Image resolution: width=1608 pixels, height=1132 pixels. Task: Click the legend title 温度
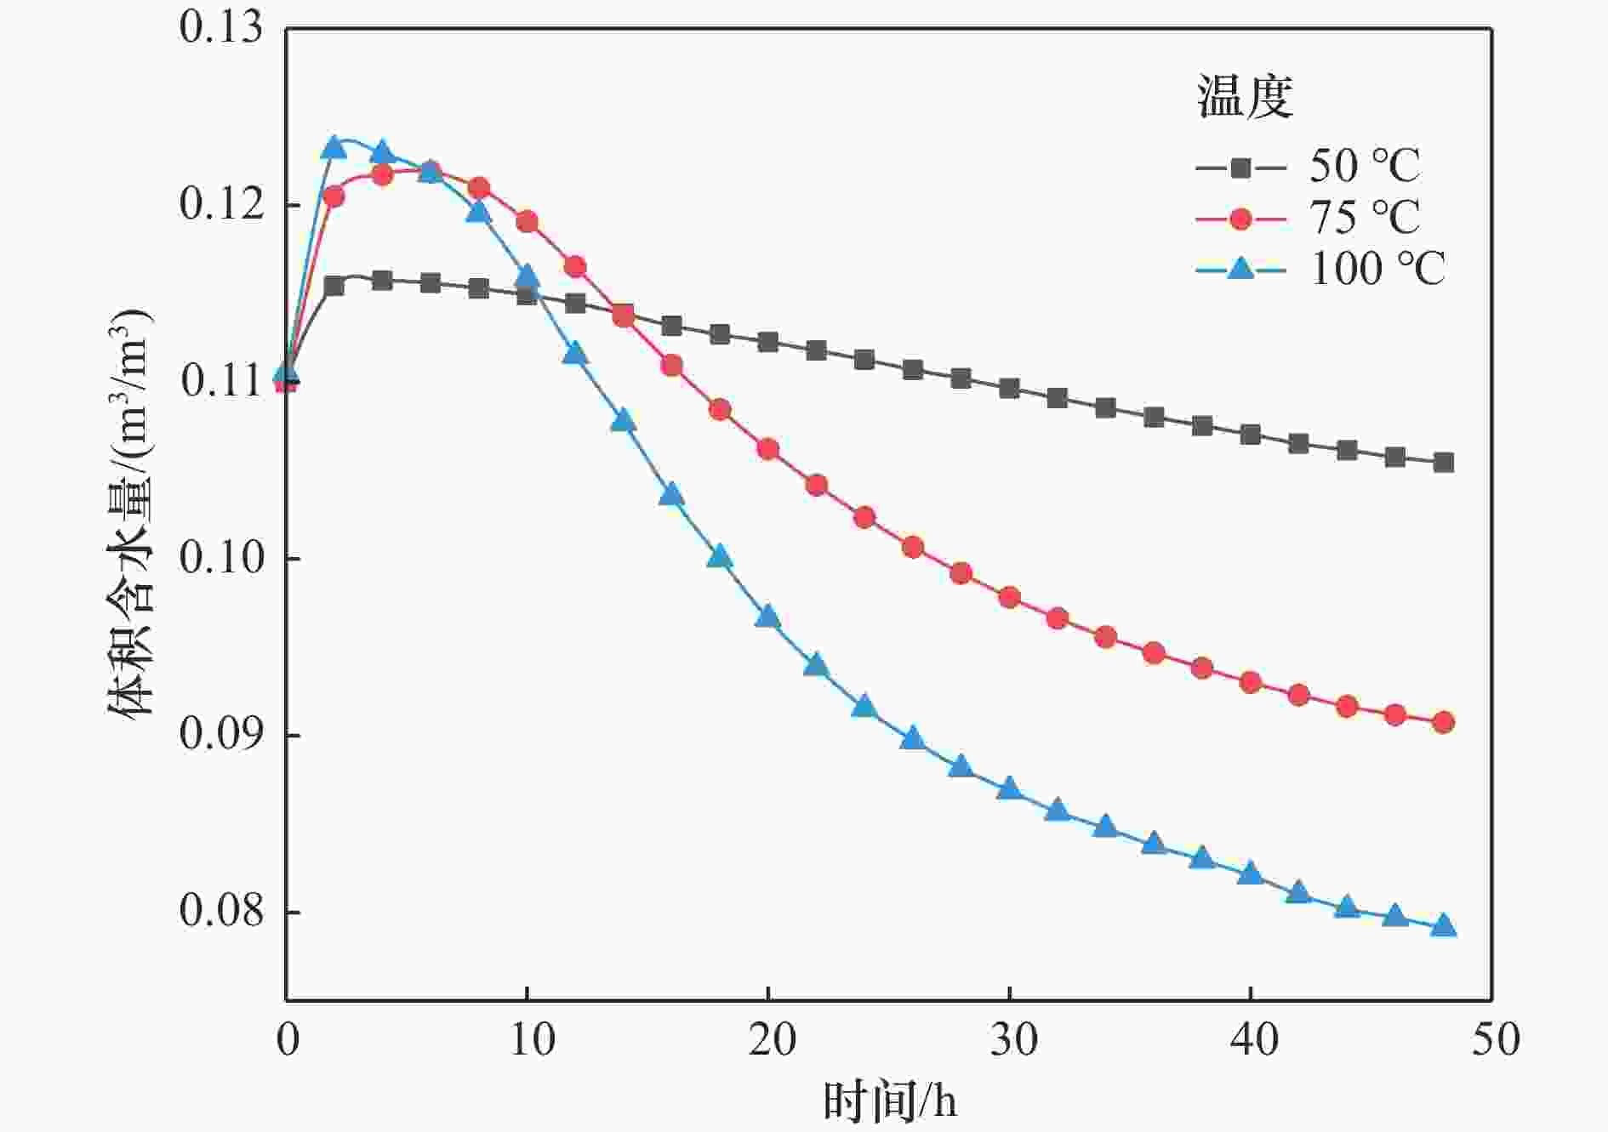coord(1245,97)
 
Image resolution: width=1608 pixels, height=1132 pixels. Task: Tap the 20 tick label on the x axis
coord(770,1040)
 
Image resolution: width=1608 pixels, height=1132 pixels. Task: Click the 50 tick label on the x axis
coord(1495,1040)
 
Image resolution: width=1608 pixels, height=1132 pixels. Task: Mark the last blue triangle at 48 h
coord(1443,926)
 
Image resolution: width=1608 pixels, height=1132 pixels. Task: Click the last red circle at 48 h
coord(1443,722)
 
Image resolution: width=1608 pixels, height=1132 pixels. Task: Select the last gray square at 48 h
coord(1443,463)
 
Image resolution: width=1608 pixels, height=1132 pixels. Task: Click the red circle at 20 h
coord(768,449)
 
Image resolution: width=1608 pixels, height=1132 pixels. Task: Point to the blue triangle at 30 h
coord(1009,788)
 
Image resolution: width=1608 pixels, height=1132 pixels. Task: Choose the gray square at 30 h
coord(1009,389)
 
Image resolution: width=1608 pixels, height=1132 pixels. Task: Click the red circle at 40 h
coord(1251,682)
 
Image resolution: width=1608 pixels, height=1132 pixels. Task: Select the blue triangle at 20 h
coord(768,617)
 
